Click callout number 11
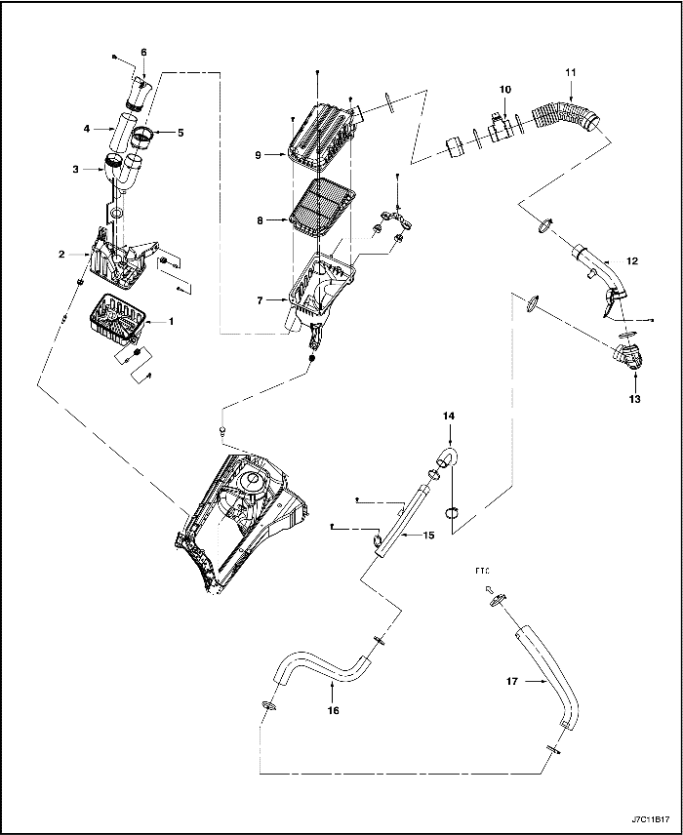coord(571,73)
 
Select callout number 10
coord(505,90)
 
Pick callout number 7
coord(261,301)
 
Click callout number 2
coord(60,254)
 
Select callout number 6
coord(143,51)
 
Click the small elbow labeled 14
coord(450,457)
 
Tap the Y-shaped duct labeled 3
coord(125,176)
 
